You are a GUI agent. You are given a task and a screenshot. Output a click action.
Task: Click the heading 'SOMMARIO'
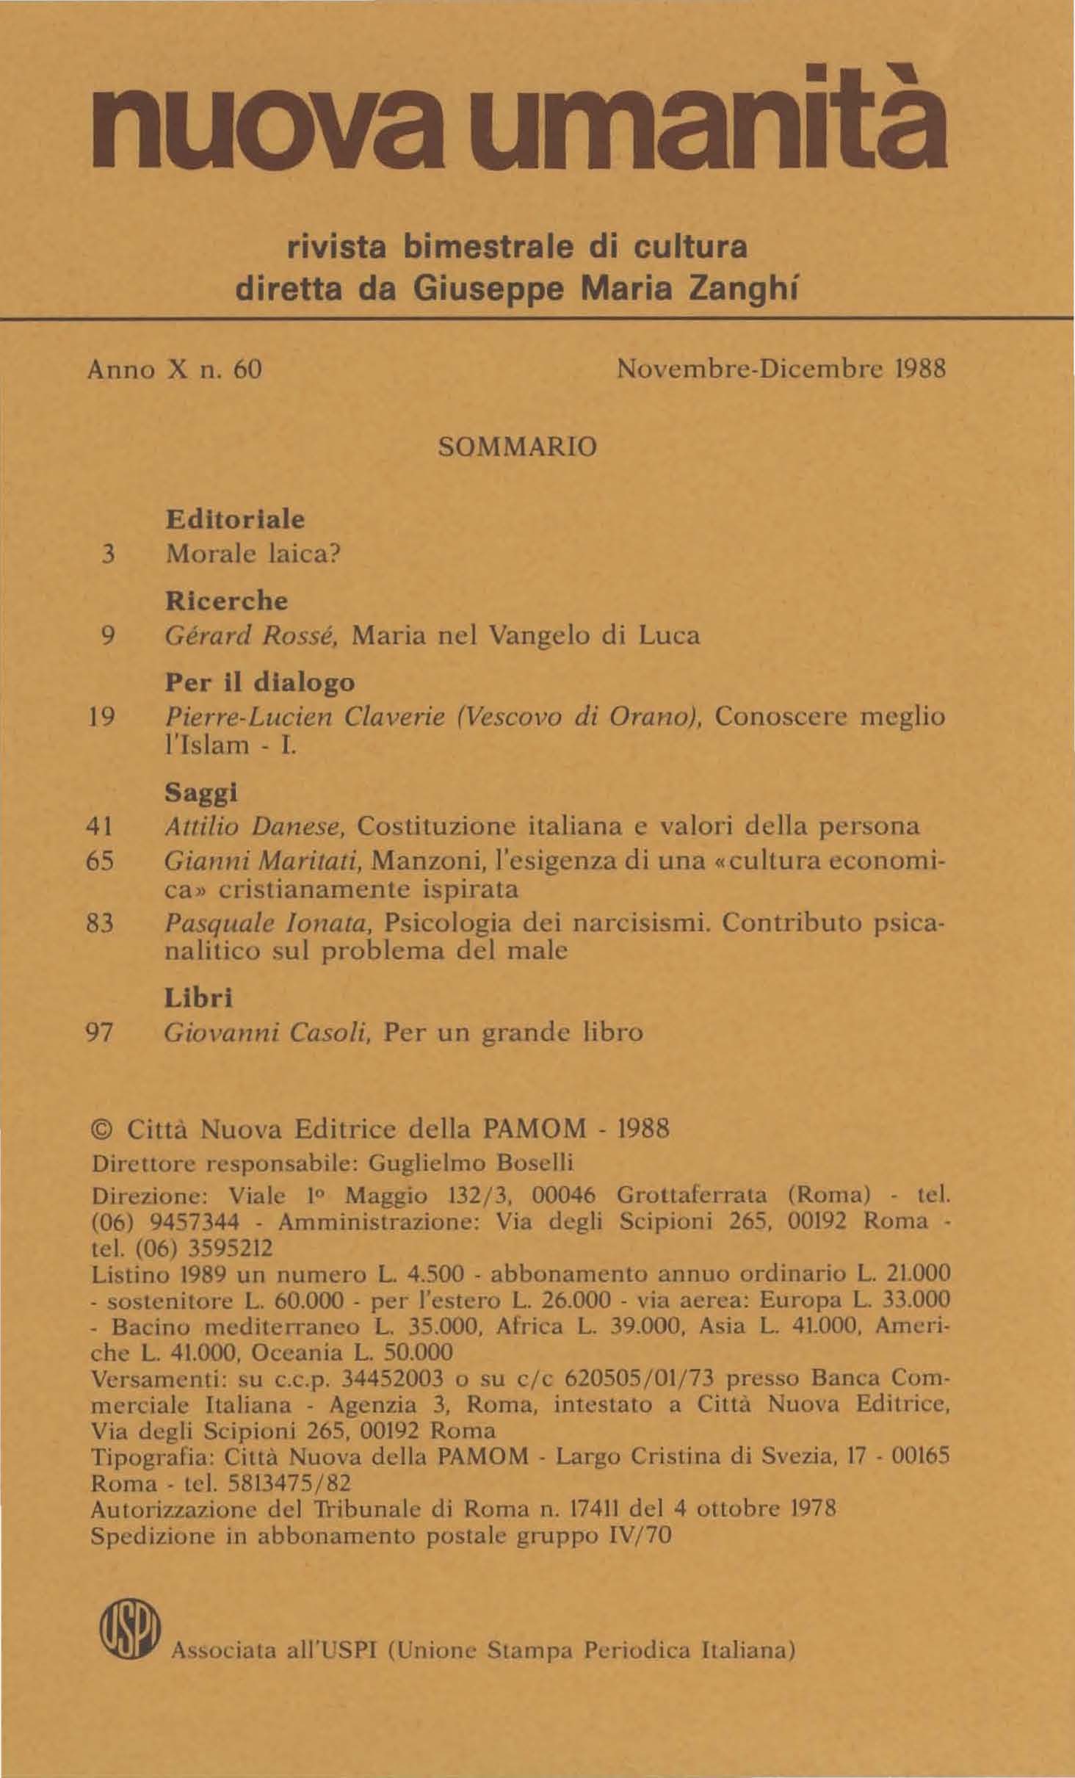pos(517,447)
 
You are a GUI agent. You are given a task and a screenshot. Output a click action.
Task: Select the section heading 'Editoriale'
pos(234,519)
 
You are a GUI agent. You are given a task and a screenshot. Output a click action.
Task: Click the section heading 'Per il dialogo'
pos(260,682)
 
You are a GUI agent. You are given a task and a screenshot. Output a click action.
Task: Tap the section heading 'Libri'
pos(198,998)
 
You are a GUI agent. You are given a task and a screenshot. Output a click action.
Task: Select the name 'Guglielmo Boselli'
pos(470,1163)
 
